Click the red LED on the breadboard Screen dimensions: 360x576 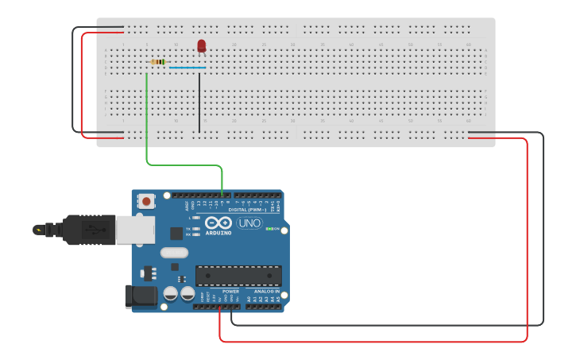click(201, 45)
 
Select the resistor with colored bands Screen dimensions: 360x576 click(158, 62)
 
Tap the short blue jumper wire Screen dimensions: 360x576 click(187, 68)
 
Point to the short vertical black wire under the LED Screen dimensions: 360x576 click(199, 103)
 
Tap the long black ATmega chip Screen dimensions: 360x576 click(238, 275)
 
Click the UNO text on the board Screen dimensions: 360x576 click(249, 223)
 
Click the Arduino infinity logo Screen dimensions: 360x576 click(218, 223)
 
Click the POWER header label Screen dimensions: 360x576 click(231, 292)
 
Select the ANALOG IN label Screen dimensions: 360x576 click(266, 292)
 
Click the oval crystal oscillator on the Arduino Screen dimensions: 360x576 click(174, 253)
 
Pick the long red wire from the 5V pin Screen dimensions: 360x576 click(526, 238)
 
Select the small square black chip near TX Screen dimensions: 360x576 click(176, 233)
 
